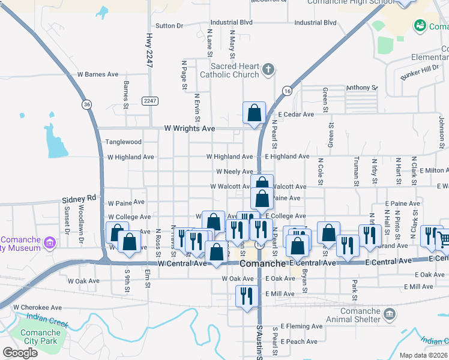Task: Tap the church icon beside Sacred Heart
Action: click(x=268, y=70)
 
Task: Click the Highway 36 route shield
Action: click(x=88, y=104)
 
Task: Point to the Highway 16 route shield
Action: click(x=288, y=91)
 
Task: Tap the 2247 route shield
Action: click(x=149, y=101)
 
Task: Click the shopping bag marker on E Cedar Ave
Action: click(x=254, y=113)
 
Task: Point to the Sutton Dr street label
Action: click(x=169, y=26)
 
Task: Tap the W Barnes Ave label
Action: click(x=98, y=74)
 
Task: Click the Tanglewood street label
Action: click(x=124, y=142)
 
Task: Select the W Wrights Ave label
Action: click(x=190, y=128)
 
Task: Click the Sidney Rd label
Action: click(x=79, y=198)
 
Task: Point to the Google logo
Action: click(x=20, y=353)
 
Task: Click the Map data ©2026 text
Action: click(x=423, y=356)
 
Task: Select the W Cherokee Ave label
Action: click(x=37, y=307)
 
